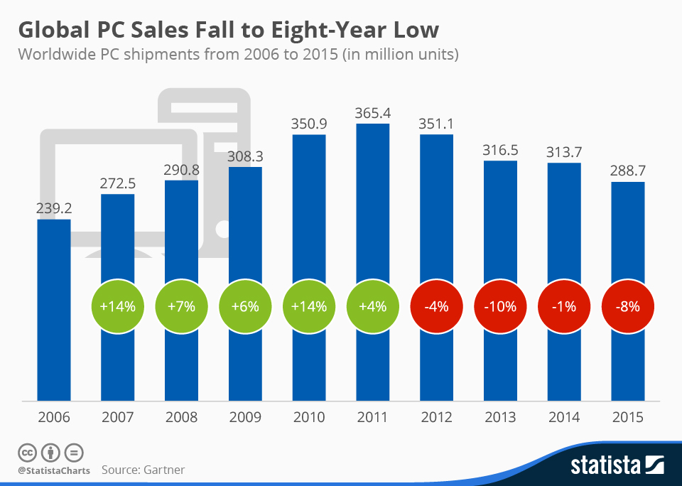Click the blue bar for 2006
pos(53,309)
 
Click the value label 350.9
pos(308,123)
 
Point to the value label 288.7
pos(628,171)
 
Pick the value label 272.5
pos(117,183)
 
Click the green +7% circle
pos(181,307)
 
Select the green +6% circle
pos(245,307)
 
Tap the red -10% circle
pos(500,307)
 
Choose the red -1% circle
pos(564,307)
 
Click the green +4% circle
pos(372,307)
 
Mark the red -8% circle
pos(628,307)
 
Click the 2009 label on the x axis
pos(245,417)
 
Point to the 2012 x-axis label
pos(436,417)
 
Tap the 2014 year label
pos(564,417)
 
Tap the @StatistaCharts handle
pos(53,470)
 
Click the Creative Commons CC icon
pos(28,452)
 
